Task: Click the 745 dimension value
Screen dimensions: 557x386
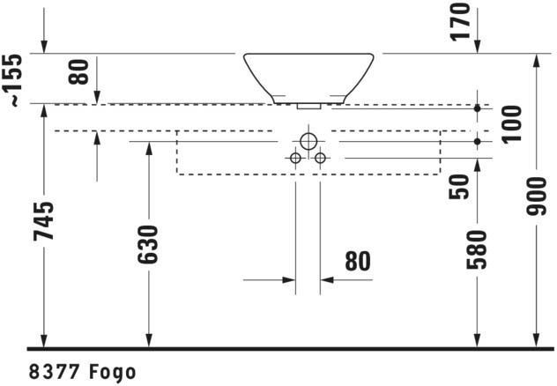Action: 44,220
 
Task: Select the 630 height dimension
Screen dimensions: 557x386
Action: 147,245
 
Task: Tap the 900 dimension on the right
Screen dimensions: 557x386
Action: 536,197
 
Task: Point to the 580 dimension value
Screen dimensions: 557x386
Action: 477,249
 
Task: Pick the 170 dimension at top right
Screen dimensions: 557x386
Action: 460,22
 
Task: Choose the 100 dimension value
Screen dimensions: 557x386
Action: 511,124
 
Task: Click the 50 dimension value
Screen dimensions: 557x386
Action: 458,187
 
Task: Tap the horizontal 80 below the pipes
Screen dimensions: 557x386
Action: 358,262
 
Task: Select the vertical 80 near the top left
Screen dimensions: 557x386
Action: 78,71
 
